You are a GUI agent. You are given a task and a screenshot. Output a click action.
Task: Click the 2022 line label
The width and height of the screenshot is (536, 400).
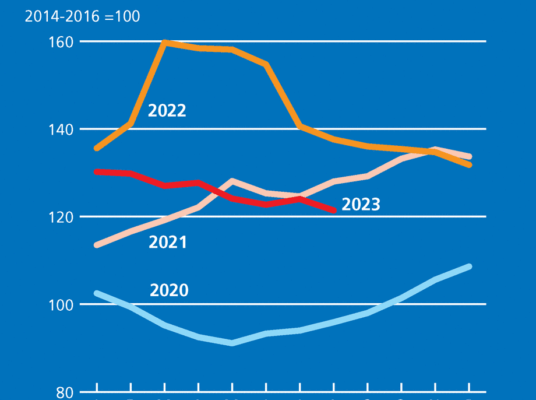tap(167, 111)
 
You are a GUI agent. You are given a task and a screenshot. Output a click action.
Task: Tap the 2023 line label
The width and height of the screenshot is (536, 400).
tap(361, 204)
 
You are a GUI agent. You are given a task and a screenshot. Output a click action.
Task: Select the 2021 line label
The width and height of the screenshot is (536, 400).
tap(168, 242)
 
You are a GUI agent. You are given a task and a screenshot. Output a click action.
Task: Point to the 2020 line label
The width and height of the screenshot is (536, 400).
tap(169, 290)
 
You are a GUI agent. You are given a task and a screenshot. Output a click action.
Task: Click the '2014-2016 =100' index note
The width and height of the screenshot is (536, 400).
tap(82, 16)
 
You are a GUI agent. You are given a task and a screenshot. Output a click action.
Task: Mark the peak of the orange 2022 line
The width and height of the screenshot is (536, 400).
tap(165, 42)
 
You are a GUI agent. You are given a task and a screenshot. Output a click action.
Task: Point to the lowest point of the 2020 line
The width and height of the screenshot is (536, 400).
tap(232, 343)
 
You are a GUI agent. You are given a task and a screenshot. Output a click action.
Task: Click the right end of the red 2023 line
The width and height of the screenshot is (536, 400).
tap(334, 210)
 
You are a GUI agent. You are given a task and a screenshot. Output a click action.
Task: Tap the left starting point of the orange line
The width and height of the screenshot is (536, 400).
tap(97, 149)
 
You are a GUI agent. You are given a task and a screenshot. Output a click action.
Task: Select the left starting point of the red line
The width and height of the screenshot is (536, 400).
tap(97, 171)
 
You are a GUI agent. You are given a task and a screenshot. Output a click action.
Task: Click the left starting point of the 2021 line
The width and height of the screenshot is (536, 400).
tap(97, 245)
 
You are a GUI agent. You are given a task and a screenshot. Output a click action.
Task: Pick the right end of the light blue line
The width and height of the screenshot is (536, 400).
tap(469, 266)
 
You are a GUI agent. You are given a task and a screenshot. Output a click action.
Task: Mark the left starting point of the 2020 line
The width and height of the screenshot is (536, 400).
tap(97, 293)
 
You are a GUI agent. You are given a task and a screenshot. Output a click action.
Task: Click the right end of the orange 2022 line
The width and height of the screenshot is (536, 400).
tap(469, 165)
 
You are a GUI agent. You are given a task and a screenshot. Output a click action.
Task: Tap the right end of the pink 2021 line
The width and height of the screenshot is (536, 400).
tap(469, 156)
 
